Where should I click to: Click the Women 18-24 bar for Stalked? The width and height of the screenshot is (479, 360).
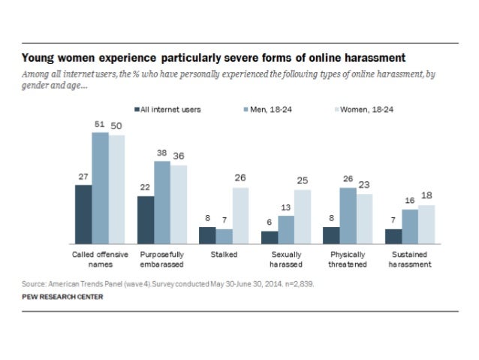tap(239, 216)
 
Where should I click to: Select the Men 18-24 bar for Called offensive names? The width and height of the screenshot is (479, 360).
tap(100, 188)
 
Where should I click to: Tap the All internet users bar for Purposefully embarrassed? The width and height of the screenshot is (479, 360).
tap(146, 220)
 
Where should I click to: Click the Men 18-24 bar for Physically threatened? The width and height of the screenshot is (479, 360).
tap(348, 216)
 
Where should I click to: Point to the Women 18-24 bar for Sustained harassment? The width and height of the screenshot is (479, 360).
tap(426, 225)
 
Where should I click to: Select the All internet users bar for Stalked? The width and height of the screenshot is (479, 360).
tap(207, 236)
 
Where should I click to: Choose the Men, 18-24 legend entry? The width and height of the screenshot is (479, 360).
tap(277, 109)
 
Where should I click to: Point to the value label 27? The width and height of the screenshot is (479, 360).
tap(83, 177)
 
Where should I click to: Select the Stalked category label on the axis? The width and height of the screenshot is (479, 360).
tap(224, 255)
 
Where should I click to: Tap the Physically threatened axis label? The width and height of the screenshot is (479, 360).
tap(348, 259)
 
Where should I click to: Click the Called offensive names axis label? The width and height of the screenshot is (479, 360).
tap(100, 259)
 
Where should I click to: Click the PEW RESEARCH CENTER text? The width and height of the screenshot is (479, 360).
tap(62, 297)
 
